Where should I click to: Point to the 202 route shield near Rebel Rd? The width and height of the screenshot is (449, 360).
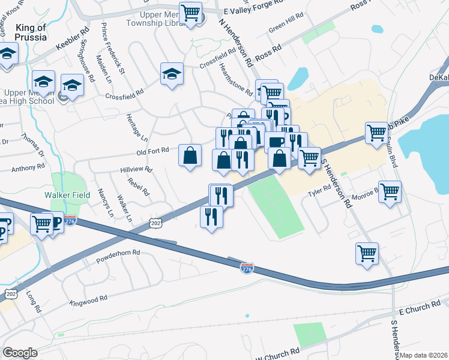155,223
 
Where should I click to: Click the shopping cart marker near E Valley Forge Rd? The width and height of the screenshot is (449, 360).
190,12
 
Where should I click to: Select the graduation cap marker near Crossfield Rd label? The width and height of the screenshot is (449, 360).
172,74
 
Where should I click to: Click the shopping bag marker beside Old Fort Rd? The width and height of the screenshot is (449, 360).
190,156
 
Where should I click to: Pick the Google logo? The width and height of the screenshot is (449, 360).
20,353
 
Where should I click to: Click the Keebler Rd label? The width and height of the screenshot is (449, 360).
72,38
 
